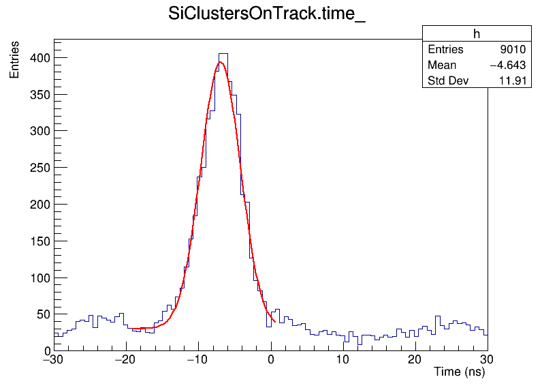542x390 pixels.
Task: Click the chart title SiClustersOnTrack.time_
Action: click(267, 16)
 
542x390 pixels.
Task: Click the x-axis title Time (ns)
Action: click(459, 372)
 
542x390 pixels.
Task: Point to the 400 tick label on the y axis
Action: click(39, 58)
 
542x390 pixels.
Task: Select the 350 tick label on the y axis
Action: click(39, 94)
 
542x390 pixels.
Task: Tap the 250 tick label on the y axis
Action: click(39, 168)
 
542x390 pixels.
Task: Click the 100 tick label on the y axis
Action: click(39, 277)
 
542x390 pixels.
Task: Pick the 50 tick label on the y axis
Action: click(42, 314)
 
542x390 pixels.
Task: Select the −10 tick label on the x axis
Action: click(197, 359)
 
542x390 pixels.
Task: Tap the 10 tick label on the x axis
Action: click(343, 359)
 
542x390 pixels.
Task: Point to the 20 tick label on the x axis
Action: click(415, 359)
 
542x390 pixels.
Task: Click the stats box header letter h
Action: click(477, 34)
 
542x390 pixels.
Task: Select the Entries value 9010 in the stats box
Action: click(511, 50)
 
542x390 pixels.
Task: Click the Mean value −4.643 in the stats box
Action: click(507, 65)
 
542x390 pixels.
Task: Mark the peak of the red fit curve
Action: click(220, 62)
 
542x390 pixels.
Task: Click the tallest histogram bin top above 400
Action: click(223, 53)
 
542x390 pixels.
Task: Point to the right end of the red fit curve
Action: click(274, 321)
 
